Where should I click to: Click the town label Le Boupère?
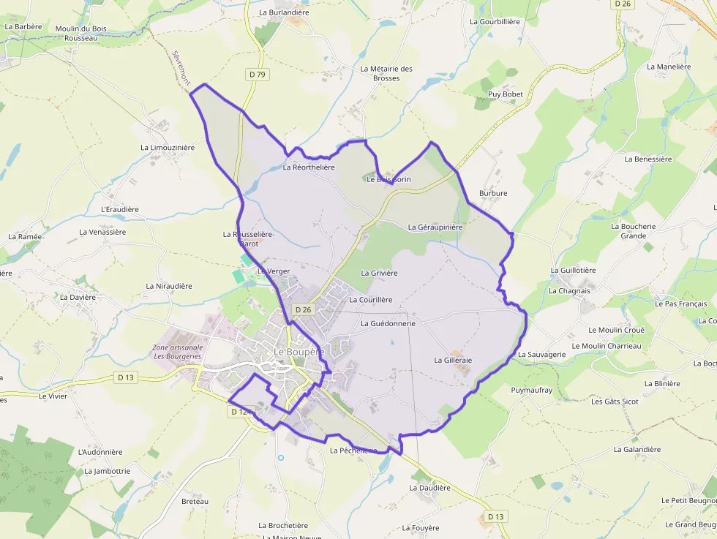coord(299,352)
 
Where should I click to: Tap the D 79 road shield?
coord(256,74)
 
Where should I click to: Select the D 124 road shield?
coord(240,412)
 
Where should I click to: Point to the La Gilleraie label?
coord(453,361)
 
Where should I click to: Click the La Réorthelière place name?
coord(309,167)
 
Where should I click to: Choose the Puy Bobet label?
coord(506,94)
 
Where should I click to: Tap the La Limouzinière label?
coord(168,148)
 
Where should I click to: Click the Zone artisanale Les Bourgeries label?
coord(177,352)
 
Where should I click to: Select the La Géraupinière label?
coord(435,227)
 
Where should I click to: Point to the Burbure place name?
coord(493,194)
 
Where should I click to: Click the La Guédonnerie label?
coord(388,323)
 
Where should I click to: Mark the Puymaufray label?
coord(532,391)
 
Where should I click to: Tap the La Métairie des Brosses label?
coord(386,73)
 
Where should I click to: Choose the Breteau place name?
coord(195,502)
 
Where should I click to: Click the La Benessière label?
coord(648,159)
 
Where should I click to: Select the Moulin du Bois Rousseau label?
coord(80,34)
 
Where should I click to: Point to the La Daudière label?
coord(430,488)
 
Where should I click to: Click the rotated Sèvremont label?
coord(181,67)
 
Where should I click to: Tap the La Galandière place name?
coord(637,450)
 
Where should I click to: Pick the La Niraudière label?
coord(169,286)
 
